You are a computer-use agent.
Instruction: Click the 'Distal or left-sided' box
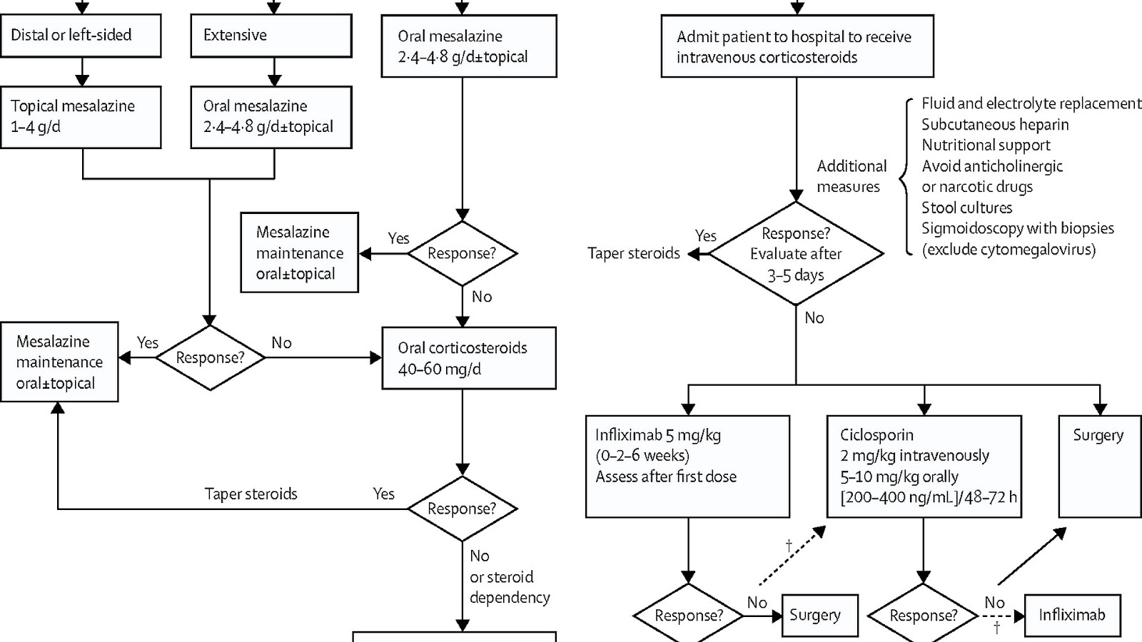[81, 35]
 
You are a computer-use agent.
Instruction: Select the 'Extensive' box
[271, 35]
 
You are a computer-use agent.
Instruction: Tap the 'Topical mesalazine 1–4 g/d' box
[81, 117]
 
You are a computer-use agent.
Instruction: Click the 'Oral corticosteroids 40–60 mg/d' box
[469, 358]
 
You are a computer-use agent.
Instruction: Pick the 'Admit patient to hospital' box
[795, 46]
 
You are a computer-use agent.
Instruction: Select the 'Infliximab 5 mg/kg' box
[687, 466]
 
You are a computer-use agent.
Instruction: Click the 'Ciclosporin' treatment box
[924, 466]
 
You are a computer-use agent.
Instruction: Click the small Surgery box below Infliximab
[820, 615]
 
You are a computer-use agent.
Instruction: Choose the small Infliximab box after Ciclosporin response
[1072, 615]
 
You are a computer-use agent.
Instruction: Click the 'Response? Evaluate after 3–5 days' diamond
[796, 254]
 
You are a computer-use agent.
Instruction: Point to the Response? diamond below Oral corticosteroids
[462, 509]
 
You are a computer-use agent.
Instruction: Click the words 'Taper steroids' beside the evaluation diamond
[634, 253]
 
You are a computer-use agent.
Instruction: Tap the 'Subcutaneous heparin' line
[995, 125]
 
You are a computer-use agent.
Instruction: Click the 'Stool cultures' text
[966, 208]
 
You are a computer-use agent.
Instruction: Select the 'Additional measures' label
[851, 176]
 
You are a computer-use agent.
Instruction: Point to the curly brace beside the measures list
[906, 176]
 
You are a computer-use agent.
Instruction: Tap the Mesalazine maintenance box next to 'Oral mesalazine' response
[300, 253]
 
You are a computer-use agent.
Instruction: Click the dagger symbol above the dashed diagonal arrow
[789, 546]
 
